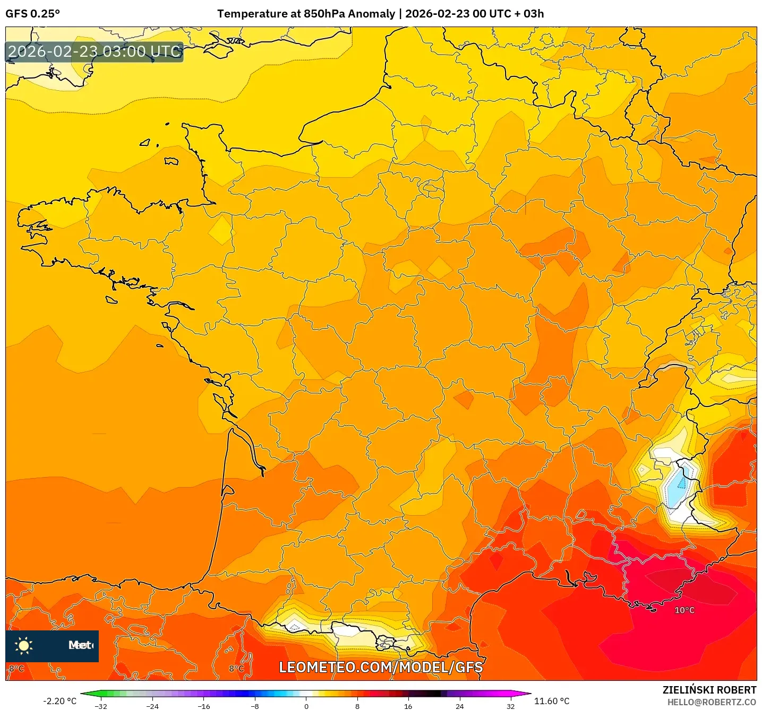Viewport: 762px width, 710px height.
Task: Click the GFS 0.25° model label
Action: click(x=32, y=14)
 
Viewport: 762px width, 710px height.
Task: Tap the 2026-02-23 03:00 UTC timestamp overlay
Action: click(x=95, y=52)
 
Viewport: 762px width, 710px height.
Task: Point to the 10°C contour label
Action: click(x=684, y=610)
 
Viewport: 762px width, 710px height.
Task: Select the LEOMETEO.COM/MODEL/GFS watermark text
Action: click(x=381, y=667)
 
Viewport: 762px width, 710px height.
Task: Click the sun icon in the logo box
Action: click(x=24, y=646)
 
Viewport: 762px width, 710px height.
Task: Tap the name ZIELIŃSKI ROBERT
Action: click(x=709, y=690)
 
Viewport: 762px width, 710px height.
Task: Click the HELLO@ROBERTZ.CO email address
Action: click(x=712, y=702)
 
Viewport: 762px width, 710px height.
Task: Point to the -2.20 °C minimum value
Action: click(x=59, y=701)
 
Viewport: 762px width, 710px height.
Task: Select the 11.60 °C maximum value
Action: click(x=552, y=701)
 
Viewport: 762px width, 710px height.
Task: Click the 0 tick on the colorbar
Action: click(x=306, y=706)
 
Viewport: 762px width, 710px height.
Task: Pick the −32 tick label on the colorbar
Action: click(x=100, y=706)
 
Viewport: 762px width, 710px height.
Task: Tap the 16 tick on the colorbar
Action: click(x=408, y=706)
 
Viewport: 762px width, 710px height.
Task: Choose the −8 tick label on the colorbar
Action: click(x=254, y=706)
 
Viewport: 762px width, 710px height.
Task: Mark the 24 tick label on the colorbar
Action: click(x=459, y=706)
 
